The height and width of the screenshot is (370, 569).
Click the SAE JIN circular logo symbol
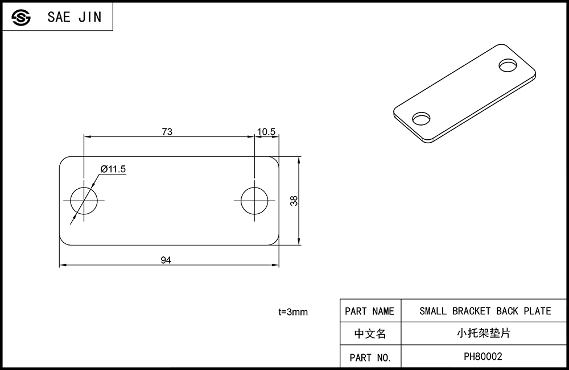21,17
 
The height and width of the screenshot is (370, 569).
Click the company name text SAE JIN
75,17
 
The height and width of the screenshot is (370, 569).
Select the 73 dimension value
167,131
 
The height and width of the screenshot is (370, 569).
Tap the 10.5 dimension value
266,131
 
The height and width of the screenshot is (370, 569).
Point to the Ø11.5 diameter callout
113,169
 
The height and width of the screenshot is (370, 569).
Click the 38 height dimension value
294,201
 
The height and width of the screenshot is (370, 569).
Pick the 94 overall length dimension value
166,260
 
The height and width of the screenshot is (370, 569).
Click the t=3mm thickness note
293,311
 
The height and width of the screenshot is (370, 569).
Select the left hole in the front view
84,201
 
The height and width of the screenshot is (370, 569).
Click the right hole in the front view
254,201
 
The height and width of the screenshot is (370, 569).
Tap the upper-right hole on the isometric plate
508,65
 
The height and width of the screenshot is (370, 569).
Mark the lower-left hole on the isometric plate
421,118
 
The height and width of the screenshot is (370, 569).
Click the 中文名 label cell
370,334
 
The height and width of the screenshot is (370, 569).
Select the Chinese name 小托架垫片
484,333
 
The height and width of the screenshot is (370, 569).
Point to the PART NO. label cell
370,357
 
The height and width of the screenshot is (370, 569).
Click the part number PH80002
483,356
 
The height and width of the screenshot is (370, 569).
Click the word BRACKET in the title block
471,311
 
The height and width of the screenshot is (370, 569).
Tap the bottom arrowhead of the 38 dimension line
299,242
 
